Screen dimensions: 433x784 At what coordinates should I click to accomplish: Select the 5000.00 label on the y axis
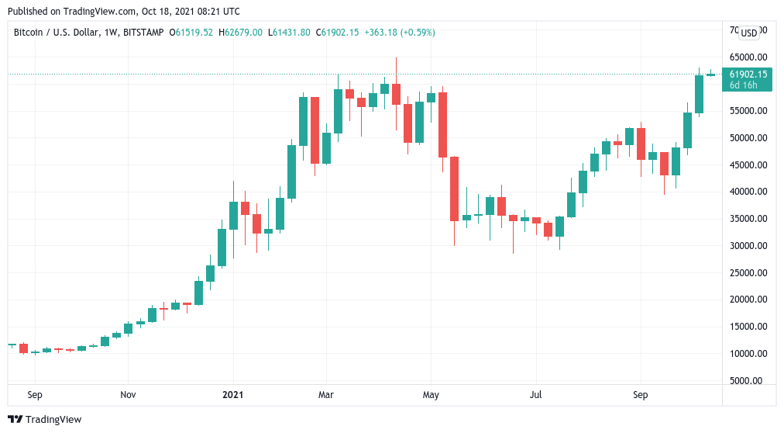coord(751,381)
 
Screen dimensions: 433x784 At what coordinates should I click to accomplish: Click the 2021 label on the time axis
coord(232,395)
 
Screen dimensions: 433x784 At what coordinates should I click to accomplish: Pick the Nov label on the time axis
coord(129,395)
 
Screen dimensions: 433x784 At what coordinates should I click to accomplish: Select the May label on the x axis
coord(432,395)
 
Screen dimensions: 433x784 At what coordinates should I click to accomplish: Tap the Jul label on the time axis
coord(535,395)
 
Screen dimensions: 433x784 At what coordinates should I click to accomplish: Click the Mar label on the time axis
coord(326,395)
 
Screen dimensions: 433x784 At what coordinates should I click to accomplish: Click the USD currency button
coord(749,33)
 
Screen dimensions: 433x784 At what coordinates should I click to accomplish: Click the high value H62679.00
coord(240,33)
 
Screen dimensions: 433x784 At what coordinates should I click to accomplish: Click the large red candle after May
coord(454,189)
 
